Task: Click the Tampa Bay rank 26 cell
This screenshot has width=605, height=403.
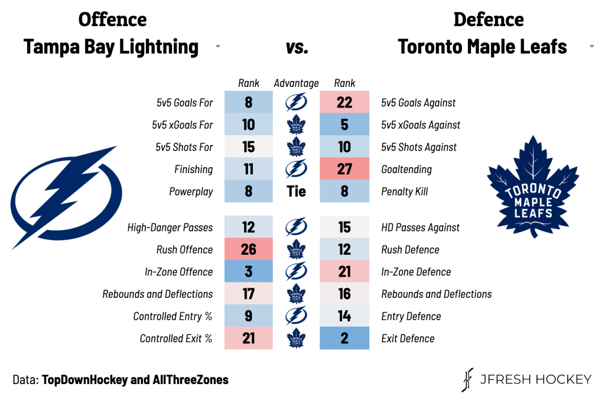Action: pos(248,249)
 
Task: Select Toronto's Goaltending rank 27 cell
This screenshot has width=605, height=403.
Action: pos(344,169)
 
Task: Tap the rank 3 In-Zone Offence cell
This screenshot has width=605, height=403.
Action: pos(248,272)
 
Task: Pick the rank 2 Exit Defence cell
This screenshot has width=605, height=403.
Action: pos(344,339)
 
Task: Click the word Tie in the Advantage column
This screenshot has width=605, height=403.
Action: pos(296,191)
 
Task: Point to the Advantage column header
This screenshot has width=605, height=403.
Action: pos(296,83)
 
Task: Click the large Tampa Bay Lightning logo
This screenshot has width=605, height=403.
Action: pos(65,195)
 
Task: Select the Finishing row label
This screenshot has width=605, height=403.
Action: pos(193,170)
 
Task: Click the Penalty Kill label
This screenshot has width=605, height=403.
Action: pos(405,192)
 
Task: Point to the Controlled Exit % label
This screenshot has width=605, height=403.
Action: pos(176,339)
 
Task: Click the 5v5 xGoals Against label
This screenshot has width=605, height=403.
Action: pos(421,125)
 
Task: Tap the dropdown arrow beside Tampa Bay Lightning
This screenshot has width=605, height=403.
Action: pos(218,47)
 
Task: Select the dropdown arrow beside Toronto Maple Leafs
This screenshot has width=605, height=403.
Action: pos(592,47)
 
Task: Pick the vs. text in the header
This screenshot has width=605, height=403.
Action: pos(297,47)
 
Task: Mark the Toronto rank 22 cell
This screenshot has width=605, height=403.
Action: pos(344,102)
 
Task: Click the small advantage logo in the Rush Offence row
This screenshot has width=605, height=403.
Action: pos(296,249)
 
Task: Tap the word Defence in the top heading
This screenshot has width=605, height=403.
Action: pos(489,19)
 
